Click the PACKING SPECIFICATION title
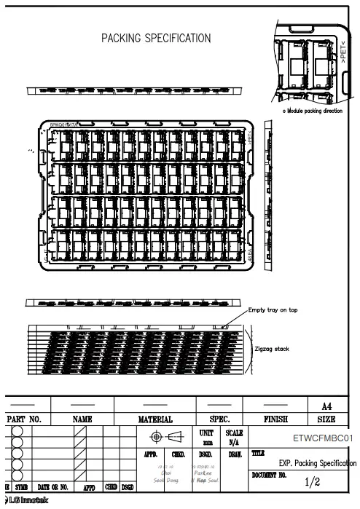coord(156,38)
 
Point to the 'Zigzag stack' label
coord(272,349)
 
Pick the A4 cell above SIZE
coord(326,405)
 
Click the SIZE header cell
coord(326,419)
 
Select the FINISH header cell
coord(275,419)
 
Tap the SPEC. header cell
coord(220,419)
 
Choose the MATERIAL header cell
coord(155,419)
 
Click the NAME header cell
coord(82,419)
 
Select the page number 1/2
coord(313,482)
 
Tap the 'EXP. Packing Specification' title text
coord(318,462)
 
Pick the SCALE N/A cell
coord(235,437)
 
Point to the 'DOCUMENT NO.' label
coord(270,474)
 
